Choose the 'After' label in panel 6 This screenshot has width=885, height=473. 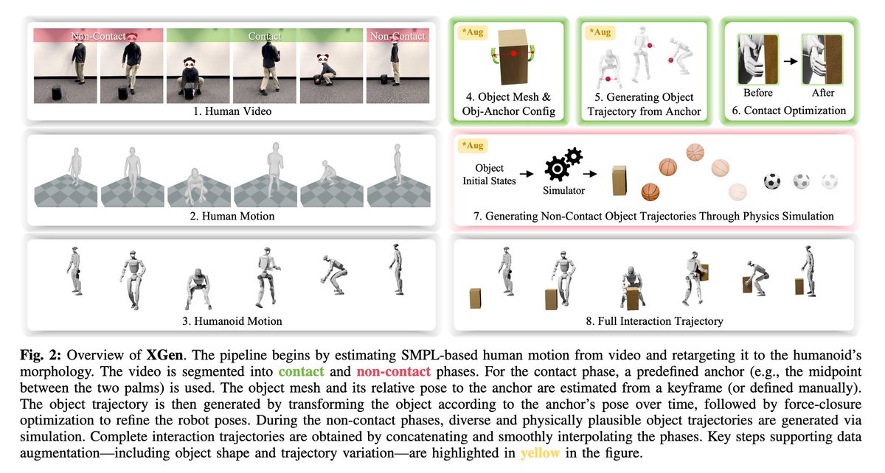[x=824, y=93]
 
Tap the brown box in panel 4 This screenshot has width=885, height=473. [x=515, y=57]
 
